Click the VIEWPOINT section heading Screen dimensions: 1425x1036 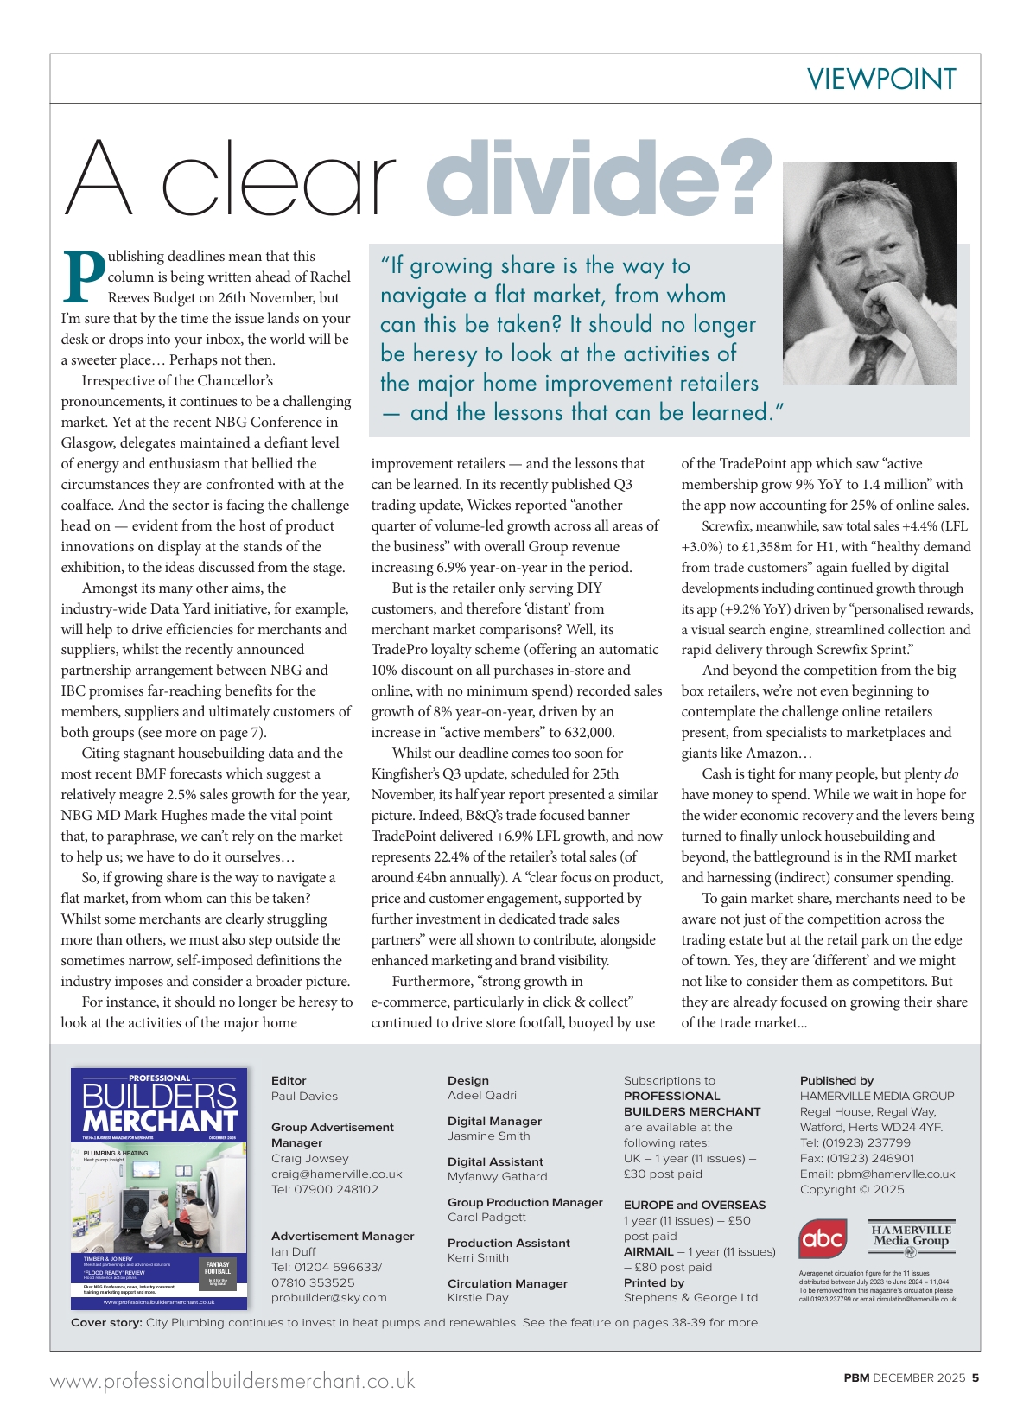[881, 80]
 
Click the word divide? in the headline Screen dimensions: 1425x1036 [599, 178]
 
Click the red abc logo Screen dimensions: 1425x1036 [823, 1240]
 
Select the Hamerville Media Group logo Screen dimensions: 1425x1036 [911, 1240]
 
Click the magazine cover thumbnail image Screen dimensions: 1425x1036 [159, 1189]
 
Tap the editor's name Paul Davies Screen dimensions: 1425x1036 [304, 1096]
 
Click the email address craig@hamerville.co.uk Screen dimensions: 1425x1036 [337, 1174]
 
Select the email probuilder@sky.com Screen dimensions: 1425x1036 [329, 1297]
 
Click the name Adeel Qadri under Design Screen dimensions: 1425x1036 [482, 1095]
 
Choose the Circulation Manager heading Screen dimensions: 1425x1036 [507, 1283]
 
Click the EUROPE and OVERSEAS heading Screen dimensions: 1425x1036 [695, 1205]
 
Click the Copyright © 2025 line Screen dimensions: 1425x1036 [852, 1189]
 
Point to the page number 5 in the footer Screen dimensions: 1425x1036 [975, 1377]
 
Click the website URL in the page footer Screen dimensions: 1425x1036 [232, 1381]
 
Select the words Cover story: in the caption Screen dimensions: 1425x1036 [106, 1322]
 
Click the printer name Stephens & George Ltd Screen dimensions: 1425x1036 [690, 1297]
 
